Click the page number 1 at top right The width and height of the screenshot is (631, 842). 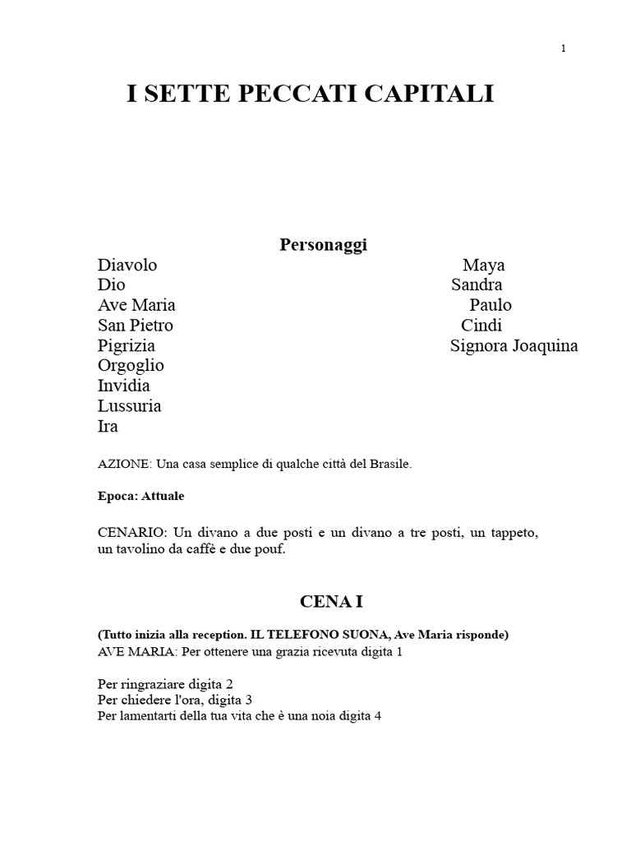pyautogui.click(x=564, y=49)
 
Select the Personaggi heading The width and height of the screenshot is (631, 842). pyautogui.click(x=323, y=245)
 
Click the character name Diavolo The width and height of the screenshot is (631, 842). pyautogui.click(x=127, y=265)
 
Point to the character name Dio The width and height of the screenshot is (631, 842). pyautogui.click(x=111, y=285)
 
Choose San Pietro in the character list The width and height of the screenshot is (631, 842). pyautogui.click(x=135, y=325)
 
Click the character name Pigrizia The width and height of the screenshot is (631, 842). pyautogui.click(x=126, y=345)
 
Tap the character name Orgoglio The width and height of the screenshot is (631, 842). pyautogui.click(x=131, y=365)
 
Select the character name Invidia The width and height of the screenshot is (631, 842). pyautogui.click(x=123, y=386)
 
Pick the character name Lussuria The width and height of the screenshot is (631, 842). pyautogui.click(x=129, y=405)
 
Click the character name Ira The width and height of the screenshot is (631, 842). pyautogui.click(x=108, y=426)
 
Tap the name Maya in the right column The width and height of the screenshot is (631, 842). pyautogui.click(x=483, y=265)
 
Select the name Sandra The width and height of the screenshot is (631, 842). pyautogui.click(x=477, y=285)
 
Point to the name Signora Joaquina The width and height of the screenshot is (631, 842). pyautogui.click(x=514, y=345)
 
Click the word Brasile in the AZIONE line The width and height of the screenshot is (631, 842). pyautogui.click(x=389, y=464)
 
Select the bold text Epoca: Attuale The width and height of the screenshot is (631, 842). pyautogui.click(x=140, y=497)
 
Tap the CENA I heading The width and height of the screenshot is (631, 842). pyautogui.click(x=330, y=602)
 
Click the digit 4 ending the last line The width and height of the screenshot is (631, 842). pyautogui.click(x=378, y=715)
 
